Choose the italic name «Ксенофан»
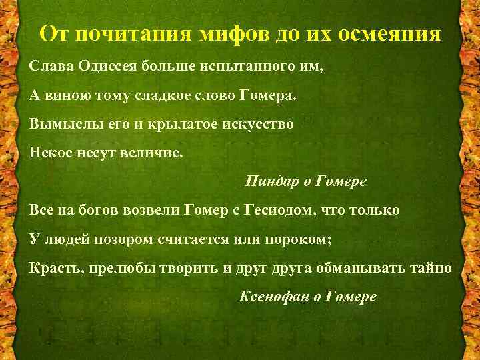(272, 296)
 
